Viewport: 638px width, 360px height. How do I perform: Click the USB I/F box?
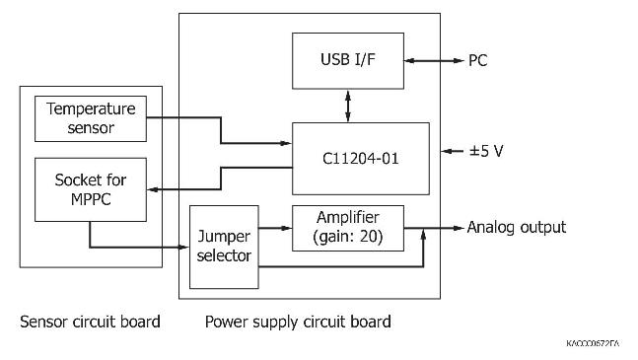pyautogui.click(x=346, y=60)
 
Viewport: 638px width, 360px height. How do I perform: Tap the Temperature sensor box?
pyautogui.click(x=90, y=118)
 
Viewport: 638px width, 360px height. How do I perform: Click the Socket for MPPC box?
pyautogui.click(x=90, y=189)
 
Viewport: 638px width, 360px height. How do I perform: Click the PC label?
pyautogui.click(x=476, y=61)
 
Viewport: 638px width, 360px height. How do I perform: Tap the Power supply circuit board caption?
pyautogui.click(x=297, y=322)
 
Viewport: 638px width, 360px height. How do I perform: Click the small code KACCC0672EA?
pyautogui.click(x=593, y=342)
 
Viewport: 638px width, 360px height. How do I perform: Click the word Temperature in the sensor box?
pyautogui.click(x=90, y=109)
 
